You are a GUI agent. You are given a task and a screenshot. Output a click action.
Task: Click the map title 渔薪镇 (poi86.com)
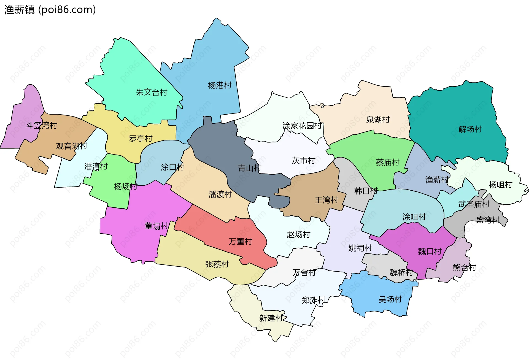[x=50, y=10]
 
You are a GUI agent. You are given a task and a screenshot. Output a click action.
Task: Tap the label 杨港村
[x=220, y=85]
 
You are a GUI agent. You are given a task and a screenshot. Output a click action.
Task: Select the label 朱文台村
[x=152, y=92]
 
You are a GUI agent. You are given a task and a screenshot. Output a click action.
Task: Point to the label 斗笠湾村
[x=42, y=126]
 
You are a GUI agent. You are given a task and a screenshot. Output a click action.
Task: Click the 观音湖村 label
[x=72, y=146]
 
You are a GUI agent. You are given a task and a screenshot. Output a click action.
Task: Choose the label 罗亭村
[x=141, y=139]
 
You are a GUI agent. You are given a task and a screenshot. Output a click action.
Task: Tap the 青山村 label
[x=249, y=168]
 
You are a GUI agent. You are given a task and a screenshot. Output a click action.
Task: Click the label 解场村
[x=470, y=129]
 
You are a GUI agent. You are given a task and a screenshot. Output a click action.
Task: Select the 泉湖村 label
[x=378, y=120]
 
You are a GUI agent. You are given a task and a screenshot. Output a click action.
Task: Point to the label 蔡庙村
[x=387, y=163]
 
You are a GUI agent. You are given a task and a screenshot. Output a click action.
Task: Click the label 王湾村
[x=326, y=200]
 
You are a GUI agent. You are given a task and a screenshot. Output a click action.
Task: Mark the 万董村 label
[x=240, y=242]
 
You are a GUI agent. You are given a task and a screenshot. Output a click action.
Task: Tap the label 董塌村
[x=156, y=226]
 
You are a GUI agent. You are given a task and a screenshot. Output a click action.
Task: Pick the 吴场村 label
[x=390, y=299]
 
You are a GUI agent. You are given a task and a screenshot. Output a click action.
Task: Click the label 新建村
[x=271, y=318]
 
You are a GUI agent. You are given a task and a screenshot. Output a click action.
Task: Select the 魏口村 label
[x=430, y=251]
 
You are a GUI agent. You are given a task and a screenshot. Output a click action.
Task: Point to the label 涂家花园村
[x=302, y=126]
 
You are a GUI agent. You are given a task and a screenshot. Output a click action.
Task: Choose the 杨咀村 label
[x=500, y=185]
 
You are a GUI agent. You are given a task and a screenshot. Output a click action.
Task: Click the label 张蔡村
[x=217, y=264]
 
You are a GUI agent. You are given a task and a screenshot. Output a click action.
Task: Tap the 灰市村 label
[x=303, y=161]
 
